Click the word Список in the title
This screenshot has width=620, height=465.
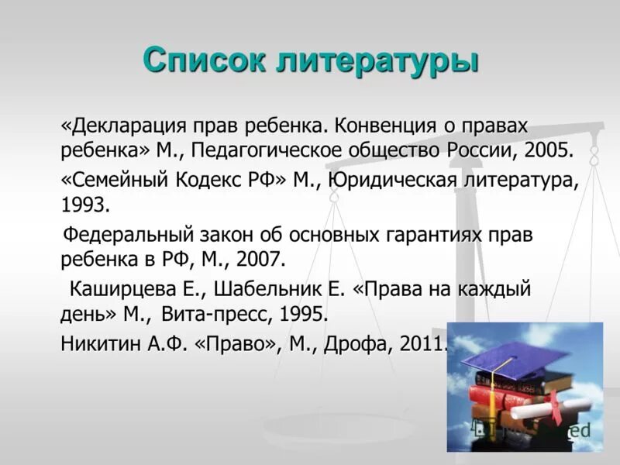[204, 60]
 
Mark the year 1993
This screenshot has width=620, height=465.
[85, 205]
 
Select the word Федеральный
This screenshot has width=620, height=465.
[127, 235]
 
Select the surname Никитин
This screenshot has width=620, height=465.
[102, 344]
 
